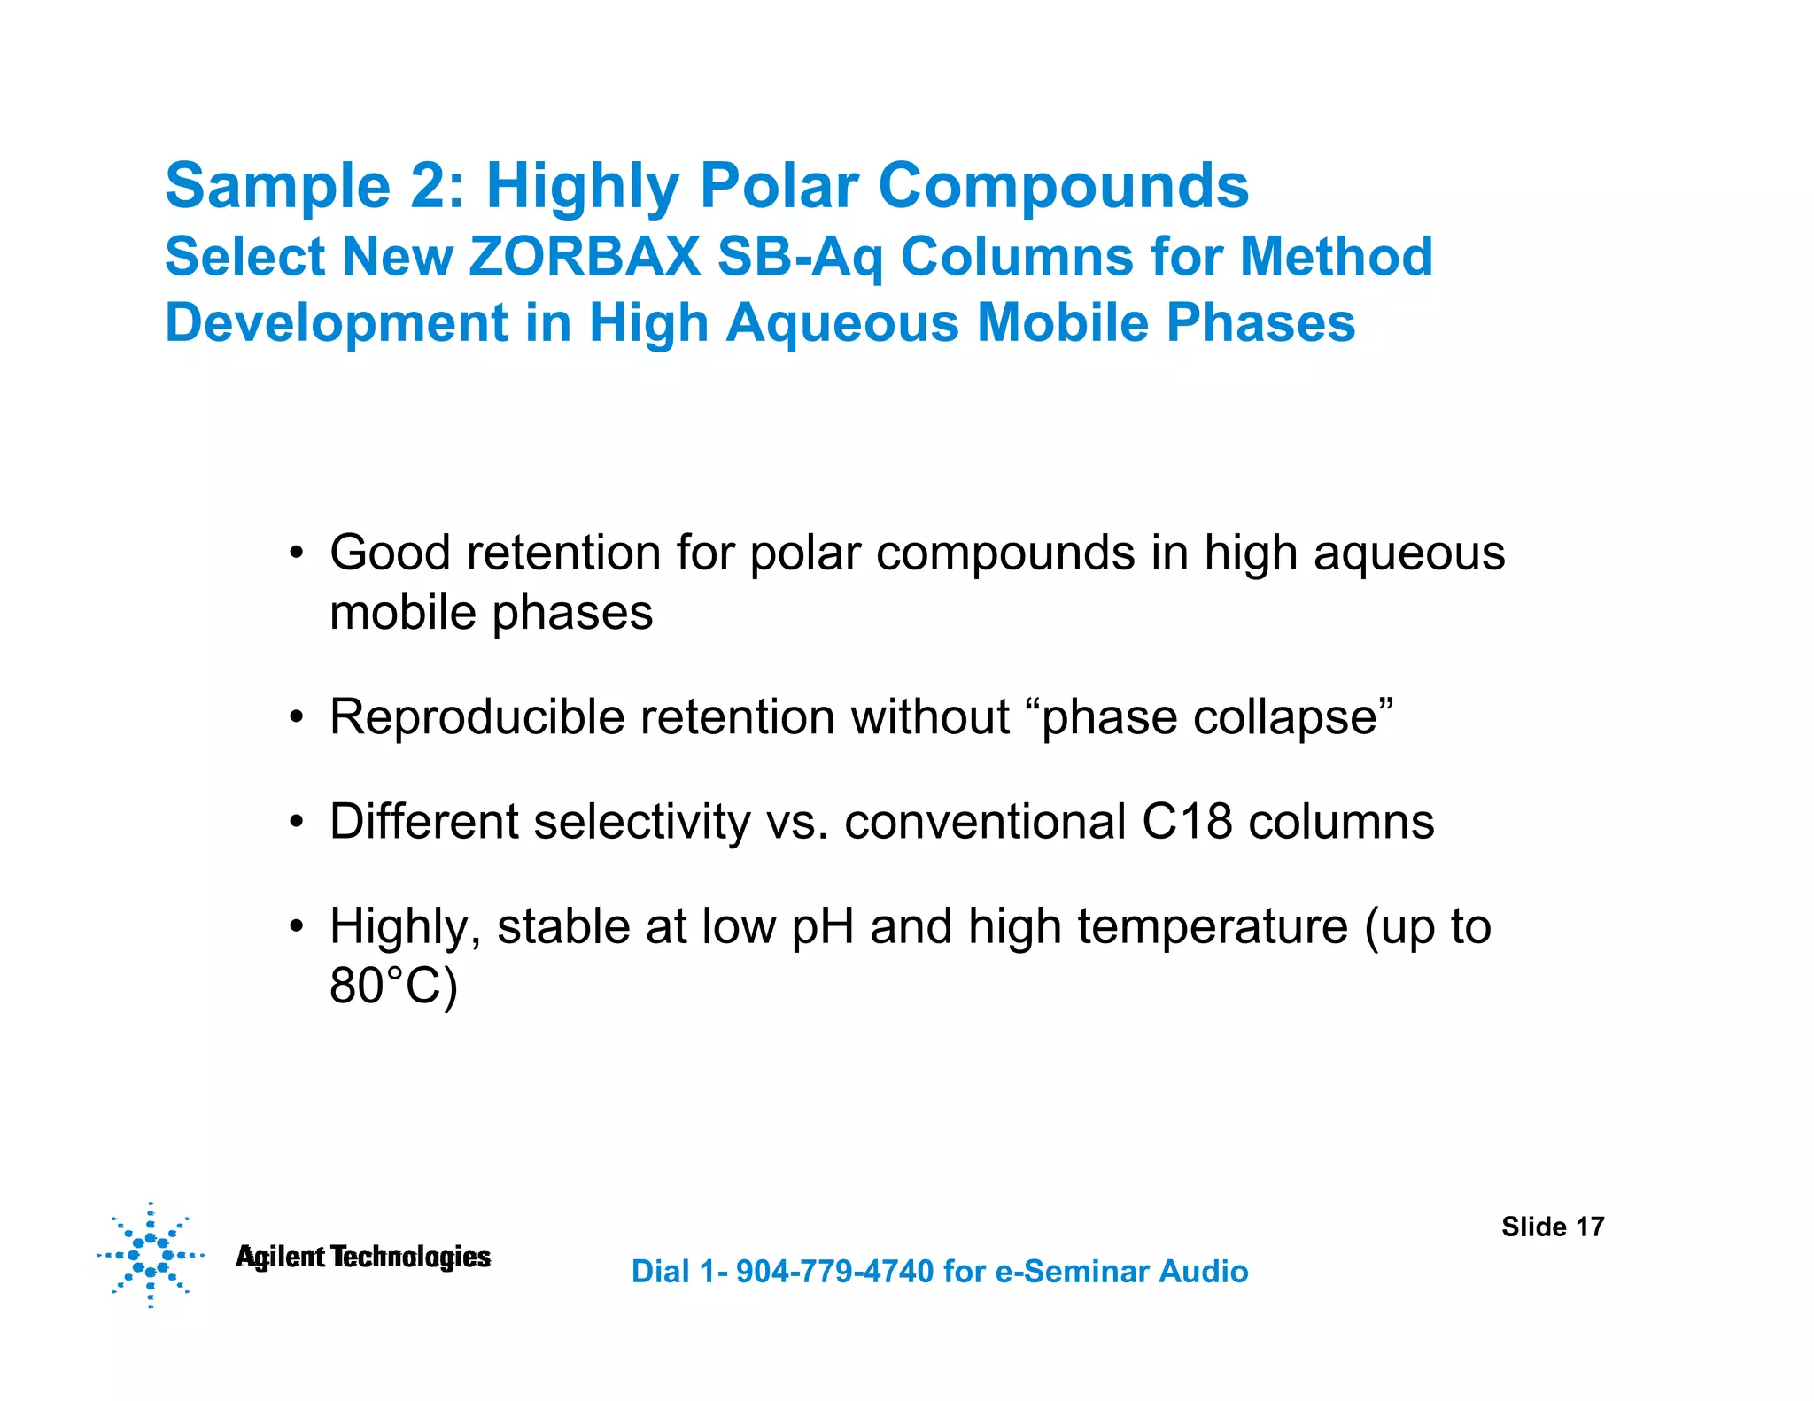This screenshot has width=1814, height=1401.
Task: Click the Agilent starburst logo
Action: (x=150, y=1255)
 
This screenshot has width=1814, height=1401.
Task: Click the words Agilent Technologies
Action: (x=363, y=1257)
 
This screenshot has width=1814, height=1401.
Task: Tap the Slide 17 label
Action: (x=1552, y=1227)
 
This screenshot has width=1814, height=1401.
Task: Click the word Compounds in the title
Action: (x=1063, y=186)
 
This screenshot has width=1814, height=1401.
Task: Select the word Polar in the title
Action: (x=779, y=186)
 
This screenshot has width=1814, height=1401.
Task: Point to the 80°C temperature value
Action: (x=392, y=986)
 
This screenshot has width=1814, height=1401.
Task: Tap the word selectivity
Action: (x=641, y=821)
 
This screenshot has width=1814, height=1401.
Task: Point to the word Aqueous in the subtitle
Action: (x=842, y=322)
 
